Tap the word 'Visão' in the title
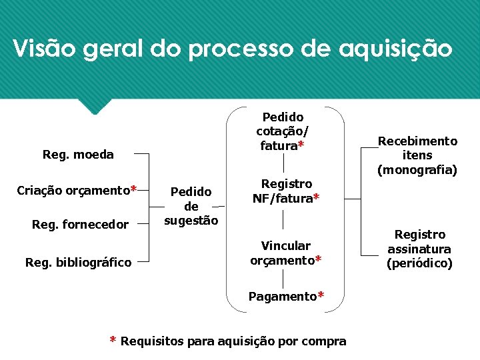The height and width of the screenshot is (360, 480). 40,49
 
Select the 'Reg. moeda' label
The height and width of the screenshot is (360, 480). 78,155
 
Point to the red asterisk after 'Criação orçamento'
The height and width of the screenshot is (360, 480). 134,189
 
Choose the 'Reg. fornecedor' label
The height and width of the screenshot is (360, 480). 80,224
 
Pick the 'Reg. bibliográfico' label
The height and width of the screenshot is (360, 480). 78,263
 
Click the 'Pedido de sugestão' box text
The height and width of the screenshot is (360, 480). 191,205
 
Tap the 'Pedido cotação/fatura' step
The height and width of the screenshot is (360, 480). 283,131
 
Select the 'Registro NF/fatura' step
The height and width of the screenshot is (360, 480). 286,191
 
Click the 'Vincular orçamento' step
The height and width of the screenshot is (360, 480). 286,253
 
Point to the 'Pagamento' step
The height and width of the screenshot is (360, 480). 282,295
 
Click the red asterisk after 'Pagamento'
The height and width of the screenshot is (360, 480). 321,295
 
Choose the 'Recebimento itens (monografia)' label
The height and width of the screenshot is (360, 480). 417,155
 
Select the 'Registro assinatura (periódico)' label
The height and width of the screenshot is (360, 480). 419,249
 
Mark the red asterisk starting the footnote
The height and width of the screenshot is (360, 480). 113,341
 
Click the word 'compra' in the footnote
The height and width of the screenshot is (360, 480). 325,341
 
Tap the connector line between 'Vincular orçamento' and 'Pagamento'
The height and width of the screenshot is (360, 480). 284,278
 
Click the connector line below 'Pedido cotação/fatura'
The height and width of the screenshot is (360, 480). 284,162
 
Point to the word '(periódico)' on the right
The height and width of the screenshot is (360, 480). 419,263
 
